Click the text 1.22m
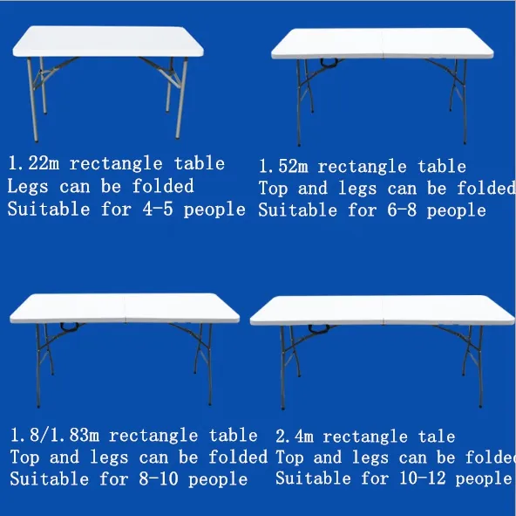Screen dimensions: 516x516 coord(34,163)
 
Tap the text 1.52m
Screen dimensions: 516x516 coord(283,166)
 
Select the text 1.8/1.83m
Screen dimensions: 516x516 coord(55,435)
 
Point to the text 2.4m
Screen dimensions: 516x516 coord(295,437)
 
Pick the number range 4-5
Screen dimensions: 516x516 coord(158,209)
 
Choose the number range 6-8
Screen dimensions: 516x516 coord(402,210)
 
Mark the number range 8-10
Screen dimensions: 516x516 coord(159,478)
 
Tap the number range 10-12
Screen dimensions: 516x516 coord(422,478)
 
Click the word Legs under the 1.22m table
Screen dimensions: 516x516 coord(28,187)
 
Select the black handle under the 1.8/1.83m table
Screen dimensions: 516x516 coord(70,327)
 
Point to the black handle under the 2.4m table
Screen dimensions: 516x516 coord(319,329)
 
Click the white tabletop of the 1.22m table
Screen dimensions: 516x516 coord(108,41)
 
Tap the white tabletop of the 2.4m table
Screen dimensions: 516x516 coord(383,310)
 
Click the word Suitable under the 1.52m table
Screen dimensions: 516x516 coord(298,210)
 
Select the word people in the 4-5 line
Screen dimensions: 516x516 coord(214,210)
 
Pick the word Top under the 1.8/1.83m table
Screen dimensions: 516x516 coord(25,458)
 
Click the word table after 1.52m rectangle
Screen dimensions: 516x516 coord(442,166)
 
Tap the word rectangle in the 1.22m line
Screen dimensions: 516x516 coord(116,164)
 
